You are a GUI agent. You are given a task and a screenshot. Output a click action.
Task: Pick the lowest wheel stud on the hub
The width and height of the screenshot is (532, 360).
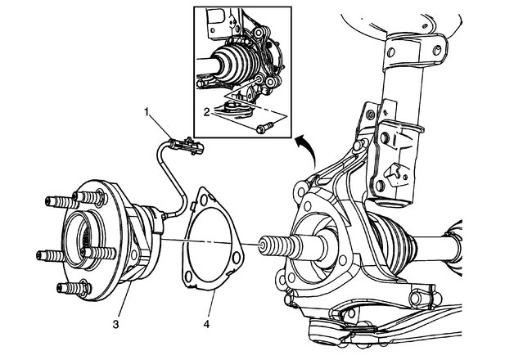(70, 288)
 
